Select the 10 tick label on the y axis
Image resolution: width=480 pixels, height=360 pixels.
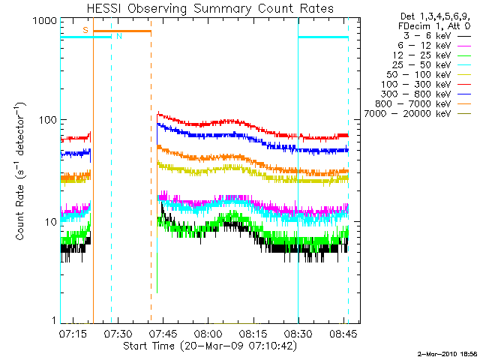tap(49, 223)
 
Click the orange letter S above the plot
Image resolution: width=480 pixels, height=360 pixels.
tap(85, 29)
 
